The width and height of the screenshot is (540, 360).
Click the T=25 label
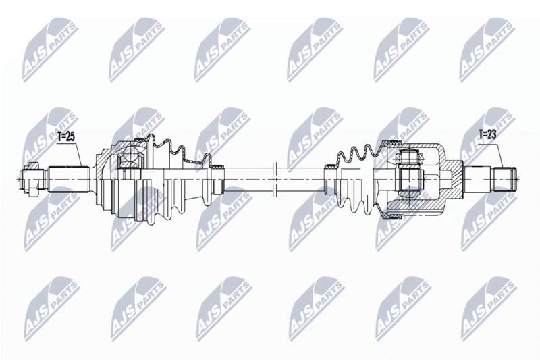pos(65,136)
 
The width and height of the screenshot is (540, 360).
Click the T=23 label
pos(487,134)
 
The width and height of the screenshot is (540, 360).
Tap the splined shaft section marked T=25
pos(69,179)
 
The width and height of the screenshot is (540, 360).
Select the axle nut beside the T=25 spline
pos(33,179)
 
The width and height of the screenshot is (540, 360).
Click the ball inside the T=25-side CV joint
pos(131,153)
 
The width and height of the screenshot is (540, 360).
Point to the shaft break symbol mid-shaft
pos(275,179)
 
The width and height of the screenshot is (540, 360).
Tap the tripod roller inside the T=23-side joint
pos(409,179)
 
